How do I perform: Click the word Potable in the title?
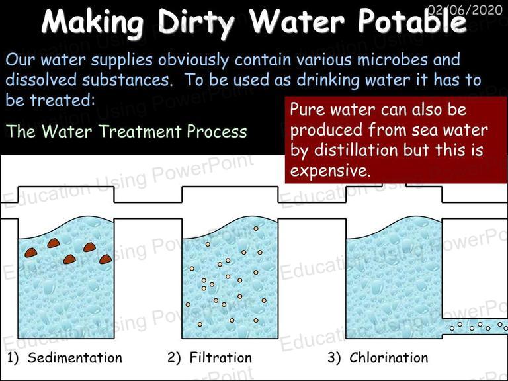click(x=412, y=21)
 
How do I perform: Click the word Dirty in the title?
click(x=197, y=22)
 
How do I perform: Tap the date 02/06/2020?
click(x=465, y=10)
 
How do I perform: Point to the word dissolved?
click(x=41, y=80)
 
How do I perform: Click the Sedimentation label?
click(x=75, y=358)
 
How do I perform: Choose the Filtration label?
click(x=221, y=358)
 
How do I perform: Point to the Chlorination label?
click(x=388, y=358)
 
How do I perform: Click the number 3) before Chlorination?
click(x=334, y=358)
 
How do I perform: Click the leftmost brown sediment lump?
click(x=31, y=253)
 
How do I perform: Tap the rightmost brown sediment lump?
click(x=106, y=259)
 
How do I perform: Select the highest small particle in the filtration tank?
click(x=256, y=228)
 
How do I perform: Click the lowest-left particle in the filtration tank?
click(x=200, y=324)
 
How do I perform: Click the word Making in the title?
click(x=93, y=22)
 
